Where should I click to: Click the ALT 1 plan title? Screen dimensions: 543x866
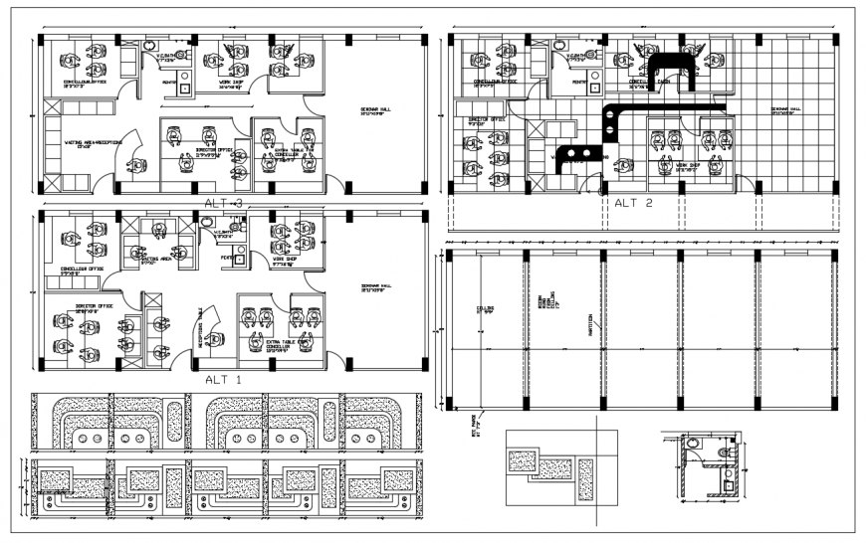[x=222, y=379]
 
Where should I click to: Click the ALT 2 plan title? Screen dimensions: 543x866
[x=632, y=203]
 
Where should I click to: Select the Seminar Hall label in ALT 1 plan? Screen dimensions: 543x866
[x=375, y=288]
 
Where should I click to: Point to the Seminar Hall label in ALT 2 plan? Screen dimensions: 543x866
[x=785, y=110]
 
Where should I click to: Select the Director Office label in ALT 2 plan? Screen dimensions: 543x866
[x=487, y=120]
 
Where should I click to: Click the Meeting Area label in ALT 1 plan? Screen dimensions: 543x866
[x=141, y=262]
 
